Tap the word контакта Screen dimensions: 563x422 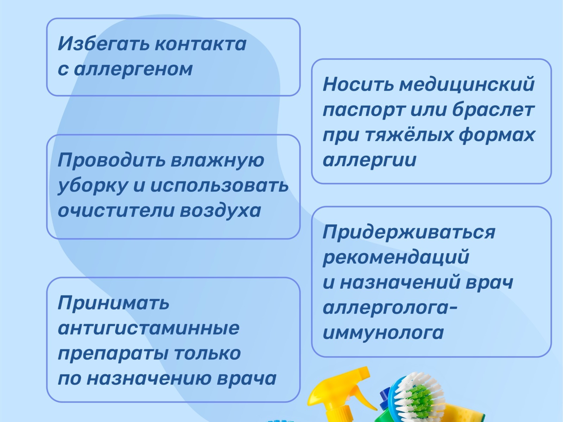click(201, 44)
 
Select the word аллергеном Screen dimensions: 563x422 click(133, 69)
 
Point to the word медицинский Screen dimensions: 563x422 click(467, 84)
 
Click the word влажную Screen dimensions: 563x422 click(217, 160)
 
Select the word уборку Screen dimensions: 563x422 click(92, 186)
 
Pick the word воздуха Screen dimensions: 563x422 click(220, 211)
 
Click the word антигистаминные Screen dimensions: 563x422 click(148, 328)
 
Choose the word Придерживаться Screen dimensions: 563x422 click(409, 232)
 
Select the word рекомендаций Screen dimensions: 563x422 click(396, 257)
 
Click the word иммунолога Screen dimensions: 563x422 click(383, 333)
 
